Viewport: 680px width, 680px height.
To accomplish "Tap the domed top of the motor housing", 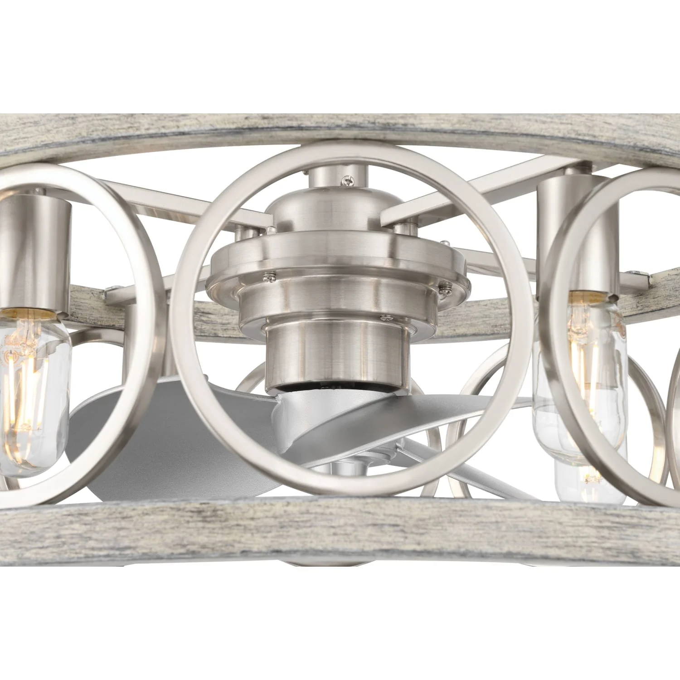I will pos(331,213).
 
